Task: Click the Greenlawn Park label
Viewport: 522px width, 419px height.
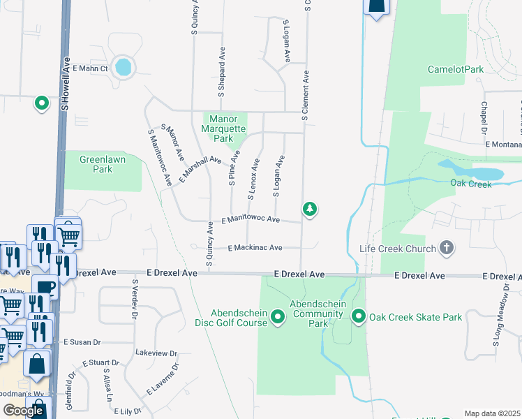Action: (x=96, y=164)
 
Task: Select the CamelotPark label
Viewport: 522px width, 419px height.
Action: (x=456, y=70)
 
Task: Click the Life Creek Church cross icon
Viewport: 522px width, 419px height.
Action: (x=447, y=249)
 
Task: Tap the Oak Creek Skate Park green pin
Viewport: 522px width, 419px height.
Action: (x=359, y=317)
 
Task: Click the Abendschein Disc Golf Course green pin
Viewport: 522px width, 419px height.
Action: (x=278, y=318)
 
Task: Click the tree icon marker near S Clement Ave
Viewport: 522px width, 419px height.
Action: (x=310, y=209)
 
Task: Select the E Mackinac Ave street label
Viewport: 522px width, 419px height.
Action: (x=255, y=248)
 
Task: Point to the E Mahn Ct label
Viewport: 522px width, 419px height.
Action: (x=91, y=68)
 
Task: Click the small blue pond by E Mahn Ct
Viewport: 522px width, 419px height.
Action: (x=123, y=67)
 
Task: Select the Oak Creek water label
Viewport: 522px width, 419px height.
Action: (x=471, y=184)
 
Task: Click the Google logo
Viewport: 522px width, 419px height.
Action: (x=23, y=411)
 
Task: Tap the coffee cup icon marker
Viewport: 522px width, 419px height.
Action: (x=46, y=288)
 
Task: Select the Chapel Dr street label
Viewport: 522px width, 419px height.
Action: (x=484, y=118)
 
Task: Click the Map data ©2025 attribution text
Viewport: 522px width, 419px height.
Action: (x=493, y=413)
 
